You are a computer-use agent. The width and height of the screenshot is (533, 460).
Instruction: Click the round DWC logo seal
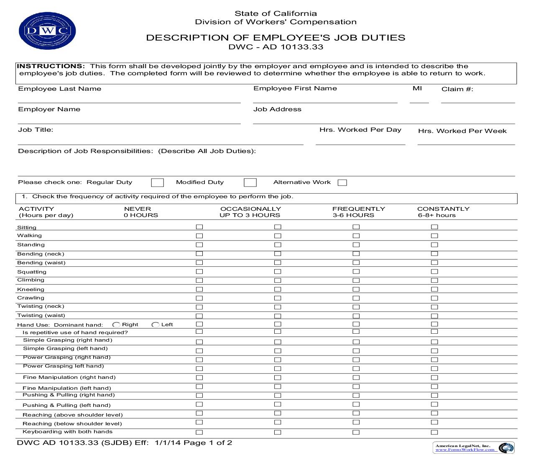(47, 31)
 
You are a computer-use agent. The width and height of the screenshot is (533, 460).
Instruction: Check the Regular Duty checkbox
(157, 183)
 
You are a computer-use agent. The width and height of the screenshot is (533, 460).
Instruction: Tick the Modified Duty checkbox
(250, 183)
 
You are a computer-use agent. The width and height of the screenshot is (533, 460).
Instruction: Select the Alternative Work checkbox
(342, 183)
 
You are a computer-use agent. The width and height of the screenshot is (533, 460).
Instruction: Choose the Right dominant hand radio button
(116, 325)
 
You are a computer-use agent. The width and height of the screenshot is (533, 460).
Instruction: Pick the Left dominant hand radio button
(155, 325)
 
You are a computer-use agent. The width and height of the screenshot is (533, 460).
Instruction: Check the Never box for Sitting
(199, 227)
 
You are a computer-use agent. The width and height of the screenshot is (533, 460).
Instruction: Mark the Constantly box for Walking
(434, 236)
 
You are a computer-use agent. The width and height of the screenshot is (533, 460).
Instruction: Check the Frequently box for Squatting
(356, 272)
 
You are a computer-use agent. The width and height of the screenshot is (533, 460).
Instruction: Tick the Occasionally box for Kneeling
(278, 289)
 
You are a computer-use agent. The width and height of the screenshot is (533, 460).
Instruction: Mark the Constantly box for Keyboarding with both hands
(434, 432)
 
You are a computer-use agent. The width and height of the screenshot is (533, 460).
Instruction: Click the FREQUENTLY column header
(358, 209)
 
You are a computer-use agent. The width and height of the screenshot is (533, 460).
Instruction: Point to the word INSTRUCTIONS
(51, 66)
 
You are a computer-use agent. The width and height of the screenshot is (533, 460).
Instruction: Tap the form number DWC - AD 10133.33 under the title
(275, 47)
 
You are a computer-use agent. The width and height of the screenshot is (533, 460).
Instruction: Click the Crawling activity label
(31, 298)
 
